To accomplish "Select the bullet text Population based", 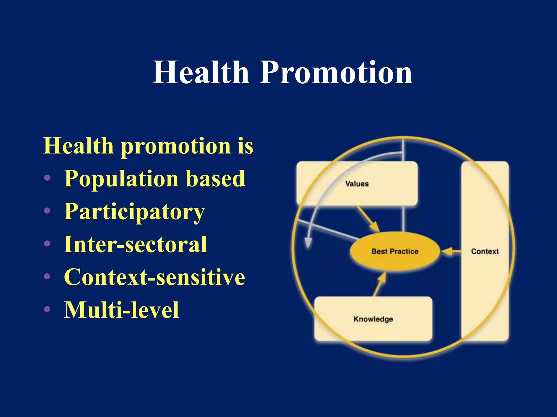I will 154,178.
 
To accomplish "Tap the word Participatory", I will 134,212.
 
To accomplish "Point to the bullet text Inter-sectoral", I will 135,244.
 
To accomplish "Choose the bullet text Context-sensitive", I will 154,277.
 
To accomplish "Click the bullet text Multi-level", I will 121,310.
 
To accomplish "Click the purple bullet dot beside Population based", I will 47,178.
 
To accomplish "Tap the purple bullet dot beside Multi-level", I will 47,309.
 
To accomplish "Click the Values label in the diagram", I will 357,184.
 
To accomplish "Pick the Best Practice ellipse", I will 394,251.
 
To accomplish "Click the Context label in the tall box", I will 485,251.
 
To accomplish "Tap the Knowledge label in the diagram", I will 373,319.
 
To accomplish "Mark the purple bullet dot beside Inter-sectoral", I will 47,244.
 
